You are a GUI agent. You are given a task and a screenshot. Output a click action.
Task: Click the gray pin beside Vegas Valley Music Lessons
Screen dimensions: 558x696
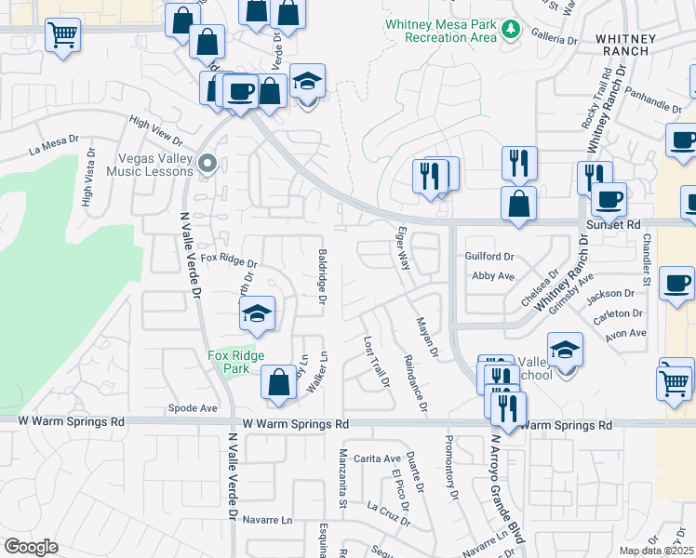point(207,165)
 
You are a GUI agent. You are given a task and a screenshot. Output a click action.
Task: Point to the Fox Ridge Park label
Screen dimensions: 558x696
point(236,362)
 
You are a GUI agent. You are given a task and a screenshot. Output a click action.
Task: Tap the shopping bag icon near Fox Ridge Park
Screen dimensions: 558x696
point(279,382)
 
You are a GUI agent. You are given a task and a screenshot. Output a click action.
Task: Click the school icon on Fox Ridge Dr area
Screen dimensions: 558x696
point(257,314)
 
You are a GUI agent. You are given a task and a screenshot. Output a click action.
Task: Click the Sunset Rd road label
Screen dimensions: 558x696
point(613,225)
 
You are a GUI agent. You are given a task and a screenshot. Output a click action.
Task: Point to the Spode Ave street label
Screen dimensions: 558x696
point(193,408)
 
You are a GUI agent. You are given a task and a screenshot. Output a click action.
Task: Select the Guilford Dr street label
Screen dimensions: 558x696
point(489,256)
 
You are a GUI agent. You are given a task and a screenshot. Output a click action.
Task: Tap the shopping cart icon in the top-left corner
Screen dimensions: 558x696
point(62,35)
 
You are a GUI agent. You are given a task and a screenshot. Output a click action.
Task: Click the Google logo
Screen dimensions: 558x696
point(31,547)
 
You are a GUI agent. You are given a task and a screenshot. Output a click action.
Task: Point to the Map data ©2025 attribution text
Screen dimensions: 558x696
point(656,551)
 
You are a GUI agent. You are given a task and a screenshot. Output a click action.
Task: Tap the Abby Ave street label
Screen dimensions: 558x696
point(493,276)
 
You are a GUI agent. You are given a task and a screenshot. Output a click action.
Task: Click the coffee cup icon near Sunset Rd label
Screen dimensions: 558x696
point(609,199)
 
